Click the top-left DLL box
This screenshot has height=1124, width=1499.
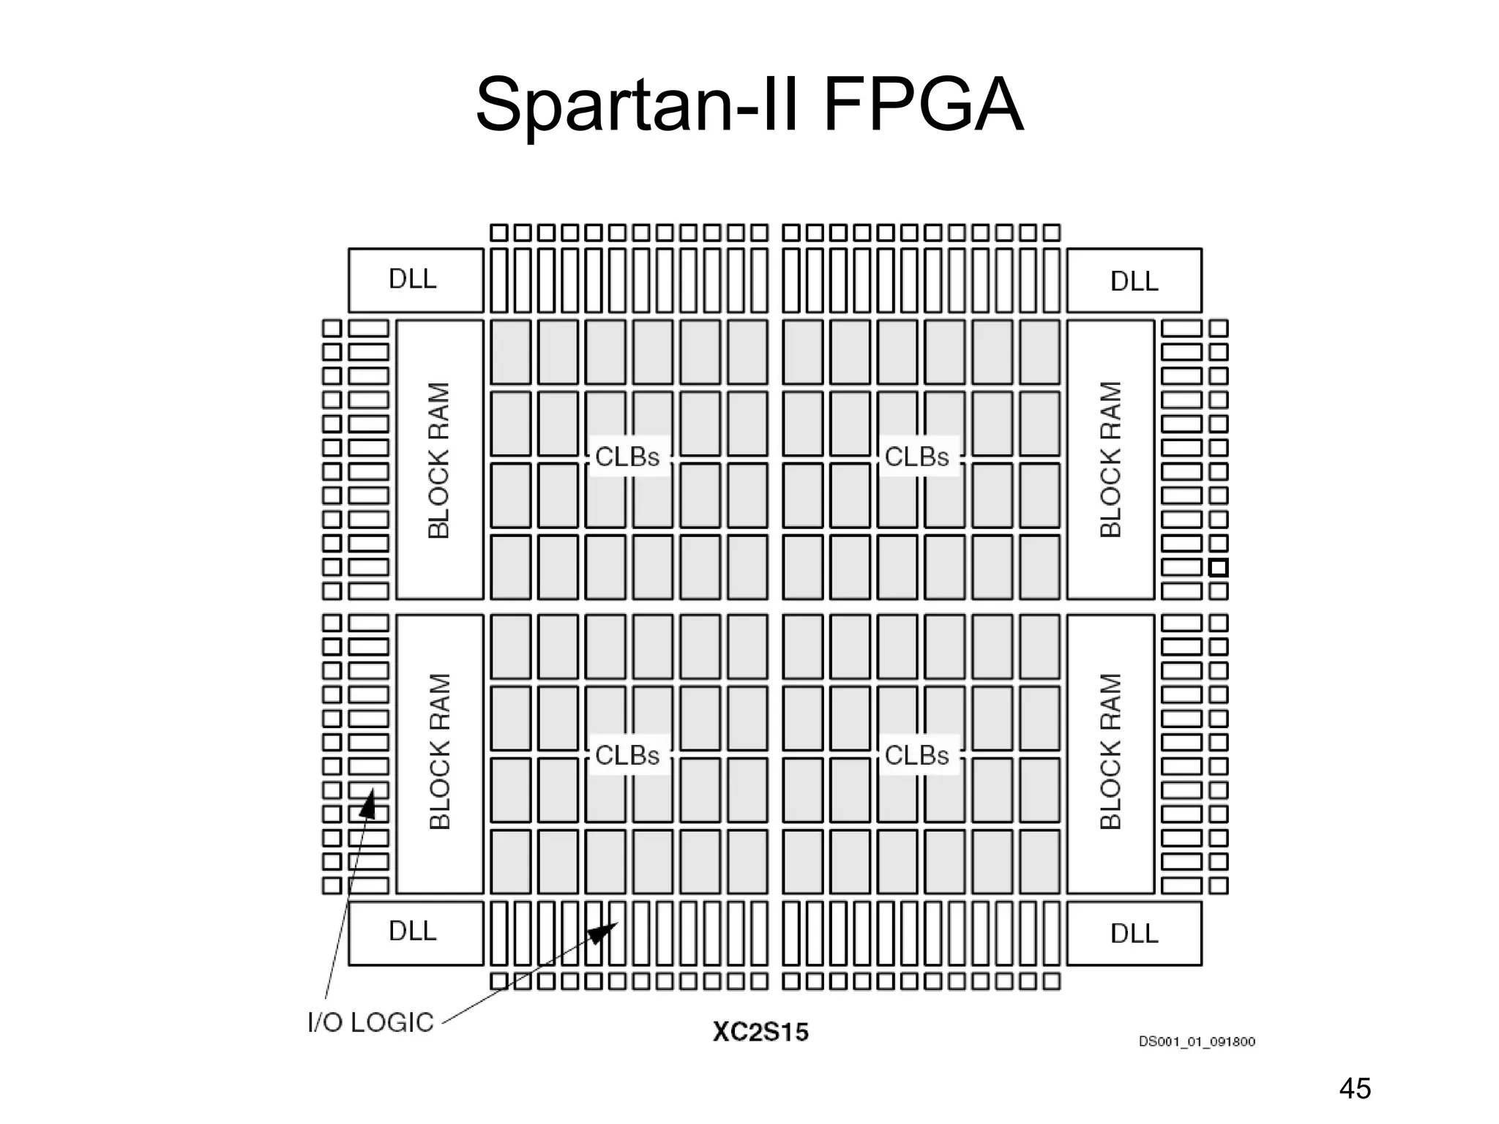pyautogui.click(x=415, y=280)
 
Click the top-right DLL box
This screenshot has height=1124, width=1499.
pyautogui.click(x=1134, y=280)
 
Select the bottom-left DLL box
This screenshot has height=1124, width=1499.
pyautogui.click(x=415, y=933)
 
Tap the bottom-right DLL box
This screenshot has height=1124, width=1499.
pyautogui.click(x=1134, y=933)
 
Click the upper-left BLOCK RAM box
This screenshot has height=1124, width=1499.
pyautogui.click(x=439, y=460)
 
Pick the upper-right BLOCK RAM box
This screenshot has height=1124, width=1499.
pyautogui.click(x=1110, y=460)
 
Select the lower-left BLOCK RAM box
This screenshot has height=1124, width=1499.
pyautogui.click(x=439, y=754)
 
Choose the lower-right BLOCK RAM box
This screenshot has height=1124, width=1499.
pyautogui.click(x=1110, y=754)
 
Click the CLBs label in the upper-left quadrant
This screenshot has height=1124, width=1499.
pyautogui.click(x=627, y=457)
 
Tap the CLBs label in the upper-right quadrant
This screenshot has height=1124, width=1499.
pyautogui.click(x=916, y=457)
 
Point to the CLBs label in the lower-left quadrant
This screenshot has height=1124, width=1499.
pyautogui.click(x=627, y=754)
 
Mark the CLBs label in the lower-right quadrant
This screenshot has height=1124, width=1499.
pyautogui.click(x=916, y=754)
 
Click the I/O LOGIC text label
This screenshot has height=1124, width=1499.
pyautogui.click(x=370, y=1022)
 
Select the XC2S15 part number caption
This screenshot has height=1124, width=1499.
pyautogui.click(x=760, y=1033)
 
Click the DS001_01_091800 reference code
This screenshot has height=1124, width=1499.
pyautogui.click(x=1197, y=1041)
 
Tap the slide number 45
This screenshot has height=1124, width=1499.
pyautogui.click(x=1354, y=1089)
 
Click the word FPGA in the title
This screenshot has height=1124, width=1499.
pyautogui.click(x=923, y=106)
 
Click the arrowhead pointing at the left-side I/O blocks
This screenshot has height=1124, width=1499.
pyautogui.click(x=368, y=805)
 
